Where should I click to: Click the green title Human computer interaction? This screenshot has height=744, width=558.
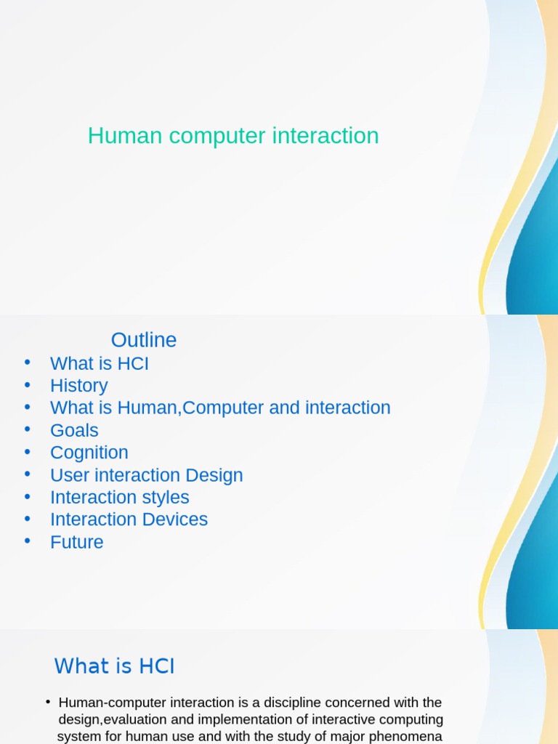(233, 136)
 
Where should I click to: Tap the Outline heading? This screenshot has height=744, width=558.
(144, 340)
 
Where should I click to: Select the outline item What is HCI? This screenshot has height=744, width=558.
(99, 363)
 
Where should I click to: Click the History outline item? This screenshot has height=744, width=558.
(78, 386)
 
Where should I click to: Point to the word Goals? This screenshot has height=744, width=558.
(74, 430)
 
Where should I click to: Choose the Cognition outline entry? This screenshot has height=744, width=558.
(89, 453)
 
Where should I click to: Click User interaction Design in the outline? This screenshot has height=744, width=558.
(147, 475)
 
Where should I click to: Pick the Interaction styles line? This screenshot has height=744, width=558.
(120, 497)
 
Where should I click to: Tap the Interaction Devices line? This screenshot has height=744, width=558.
(129, 519)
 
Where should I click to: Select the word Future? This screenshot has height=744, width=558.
(77, 542)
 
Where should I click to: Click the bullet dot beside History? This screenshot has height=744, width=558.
(27, 384)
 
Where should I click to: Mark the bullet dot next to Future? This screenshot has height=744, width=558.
(27, 541)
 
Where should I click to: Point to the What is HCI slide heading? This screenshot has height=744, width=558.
(114, 666)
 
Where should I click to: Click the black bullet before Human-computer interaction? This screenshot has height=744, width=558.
(48, 701)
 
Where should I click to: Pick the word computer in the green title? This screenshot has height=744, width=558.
(217, 137)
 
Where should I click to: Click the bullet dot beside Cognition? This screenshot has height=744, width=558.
(27, 451)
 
